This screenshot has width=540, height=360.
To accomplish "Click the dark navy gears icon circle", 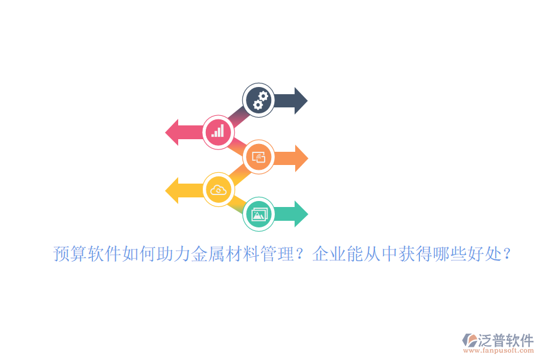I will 259,100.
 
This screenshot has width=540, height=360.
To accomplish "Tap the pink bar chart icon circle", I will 218,131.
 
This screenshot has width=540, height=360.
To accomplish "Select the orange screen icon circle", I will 259,158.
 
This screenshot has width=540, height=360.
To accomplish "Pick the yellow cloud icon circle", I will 218,190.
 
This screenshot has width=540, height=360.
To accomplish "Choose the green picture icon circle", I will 259,214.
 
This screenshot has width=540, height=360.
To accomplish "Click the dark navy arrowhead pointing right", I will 299,100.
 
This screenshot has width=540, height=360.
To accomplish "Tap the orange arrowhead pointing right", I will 300,158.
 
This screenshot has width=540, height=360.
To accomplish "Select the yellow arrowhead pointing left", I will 173,190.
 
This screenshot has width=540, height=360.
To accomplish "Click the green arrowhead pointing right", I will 300,214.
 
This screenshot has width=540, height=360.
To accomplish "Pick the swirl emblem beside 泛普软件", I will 469,340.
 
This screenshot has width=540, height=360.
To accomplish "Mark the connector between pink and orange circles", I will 238,145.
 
